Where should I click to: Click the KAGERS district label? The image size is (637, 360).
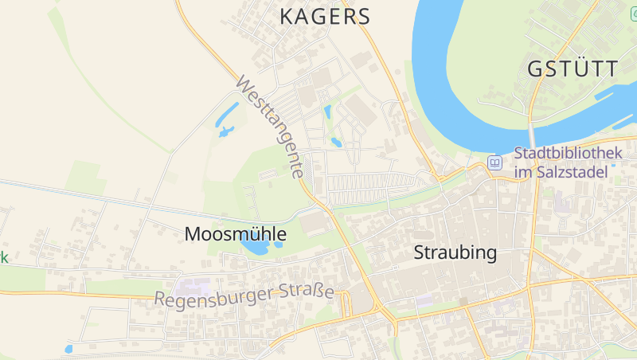326,17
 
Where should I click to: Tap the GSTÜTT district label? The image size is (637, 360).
573,68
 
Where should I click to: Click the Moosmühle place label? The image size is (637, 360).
235,234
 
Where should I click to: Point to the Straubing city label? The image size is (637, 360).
455,253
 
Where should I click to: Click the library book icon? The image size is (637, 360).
495,162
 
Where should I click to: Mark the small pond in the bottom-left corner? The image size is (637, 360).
68,349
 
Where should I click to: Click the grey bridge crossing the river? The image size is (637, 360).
531,135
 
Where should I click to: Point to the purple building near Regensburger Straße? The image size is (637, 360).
193,286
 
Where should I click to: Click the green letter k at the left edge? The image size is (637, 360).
3,257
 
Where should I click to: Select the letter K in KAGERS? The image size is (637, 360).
287,17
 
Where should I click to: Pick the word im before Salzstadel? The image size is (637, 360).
522,172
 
